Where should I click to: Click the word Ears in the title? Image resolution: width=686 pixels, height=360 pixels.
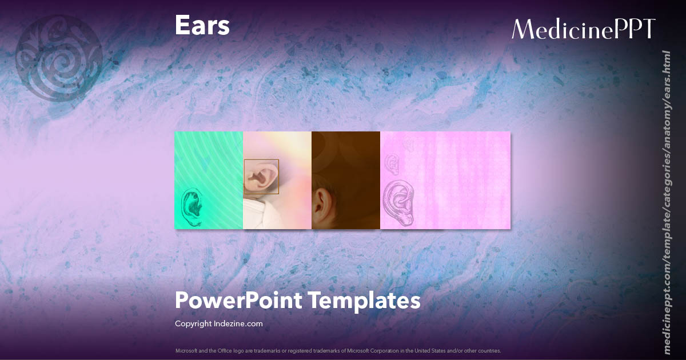tap(202, 26)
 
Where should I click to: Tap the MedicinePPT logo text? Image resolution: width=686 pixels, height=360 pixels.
tap(583, 29)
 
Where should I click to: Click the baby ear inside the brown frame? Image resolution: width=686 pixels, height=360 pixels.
tap(260, 177)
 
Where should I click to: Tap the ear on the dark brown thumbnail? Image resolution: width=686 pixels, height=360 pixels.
tap(323, 201)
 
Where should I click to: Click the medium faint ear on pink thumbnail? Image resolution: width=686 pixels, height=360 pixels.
tap(392, 165)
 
